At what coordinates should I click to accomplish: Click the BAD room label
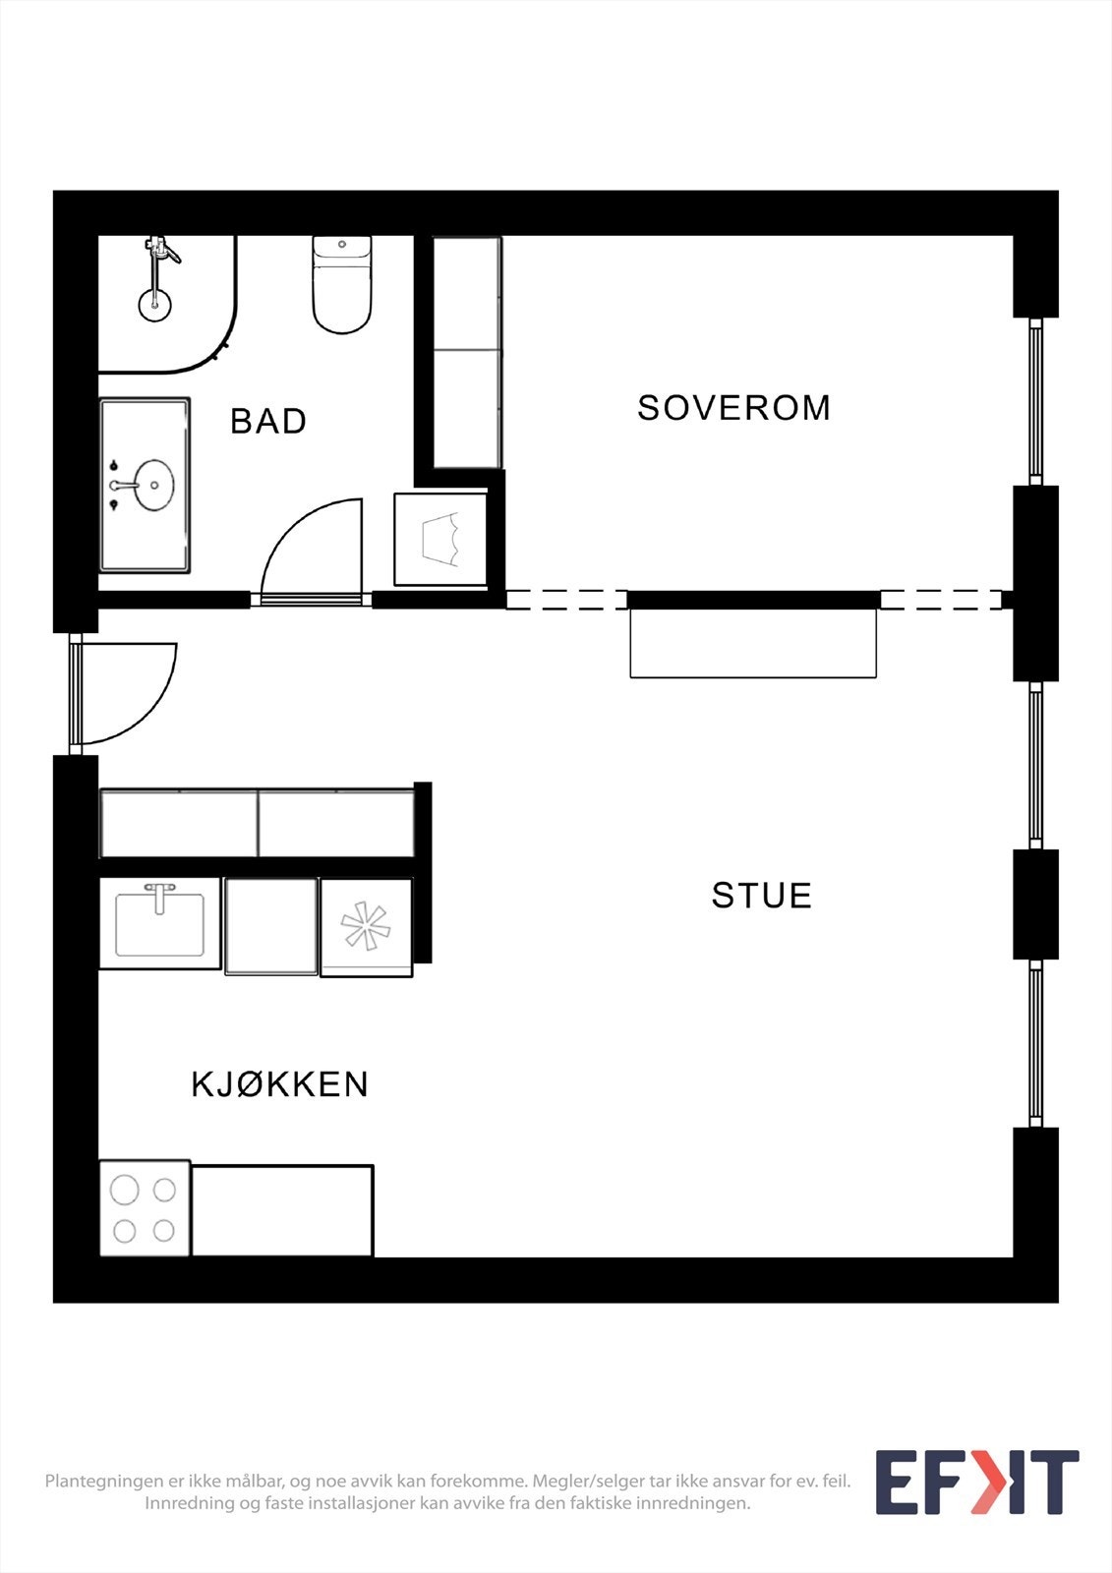point(268,421)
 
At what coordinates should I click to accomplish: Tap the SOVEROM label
point(733,408)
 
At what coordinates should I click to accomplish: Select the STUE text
point(761,896)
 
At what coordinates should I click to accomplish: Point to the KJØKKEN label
point(280,1084)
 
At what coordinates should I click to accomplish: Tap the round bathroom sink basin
point(154,486)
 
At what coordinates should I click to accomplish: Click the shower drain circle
point(153,305)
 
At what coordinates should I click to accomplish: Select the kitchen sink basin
point(159,924)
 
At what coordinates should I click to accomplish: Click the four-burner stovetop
point(144,1209)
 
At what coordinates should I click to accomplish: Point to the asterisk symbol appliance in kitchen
point(366,926)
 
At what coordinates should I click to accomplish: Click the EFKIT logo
point(976,1482)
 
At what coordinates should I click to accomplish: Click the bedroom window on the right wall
point(1035,400)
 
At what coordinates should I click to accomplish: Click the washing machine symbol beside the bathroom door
point(440,540)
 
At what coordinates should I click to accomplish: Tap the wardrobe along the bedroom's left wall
point(467,352)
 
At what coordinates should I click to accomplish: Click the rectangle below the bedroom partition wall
point(752,643)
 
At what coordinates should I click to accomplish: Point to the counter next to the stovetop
point(282,1210)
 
